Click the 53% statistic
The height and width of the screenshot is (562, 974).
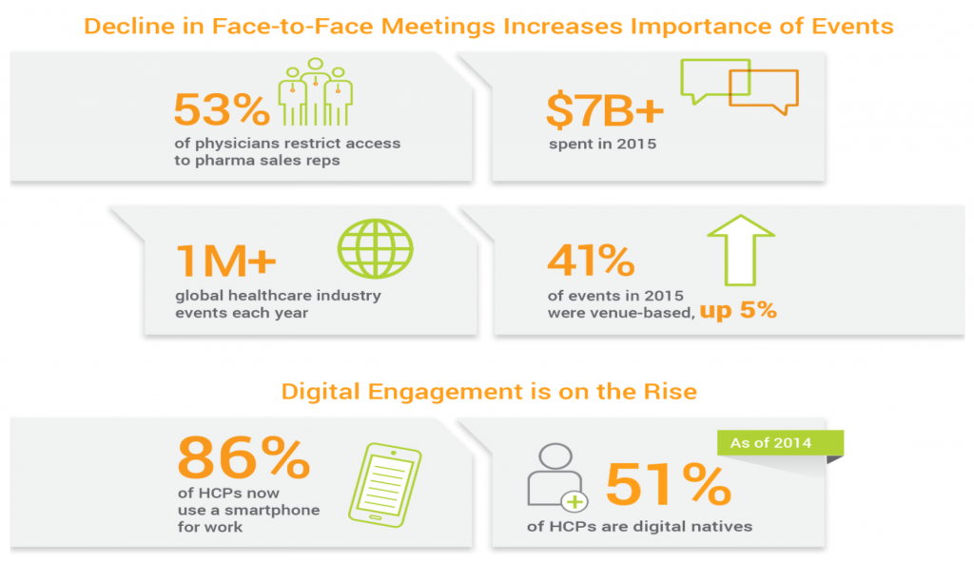(x=222, y=110)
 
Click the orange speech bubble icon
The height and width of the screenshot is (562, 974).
(x=763, y=92)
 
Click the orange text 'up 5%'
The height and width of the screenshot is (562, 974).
(x=739, y=310)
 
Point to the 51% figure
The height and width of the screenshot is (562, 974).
(x=668, y=484)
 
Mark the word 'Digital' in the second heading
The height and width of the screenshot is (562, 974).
(x=322, y=391)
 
